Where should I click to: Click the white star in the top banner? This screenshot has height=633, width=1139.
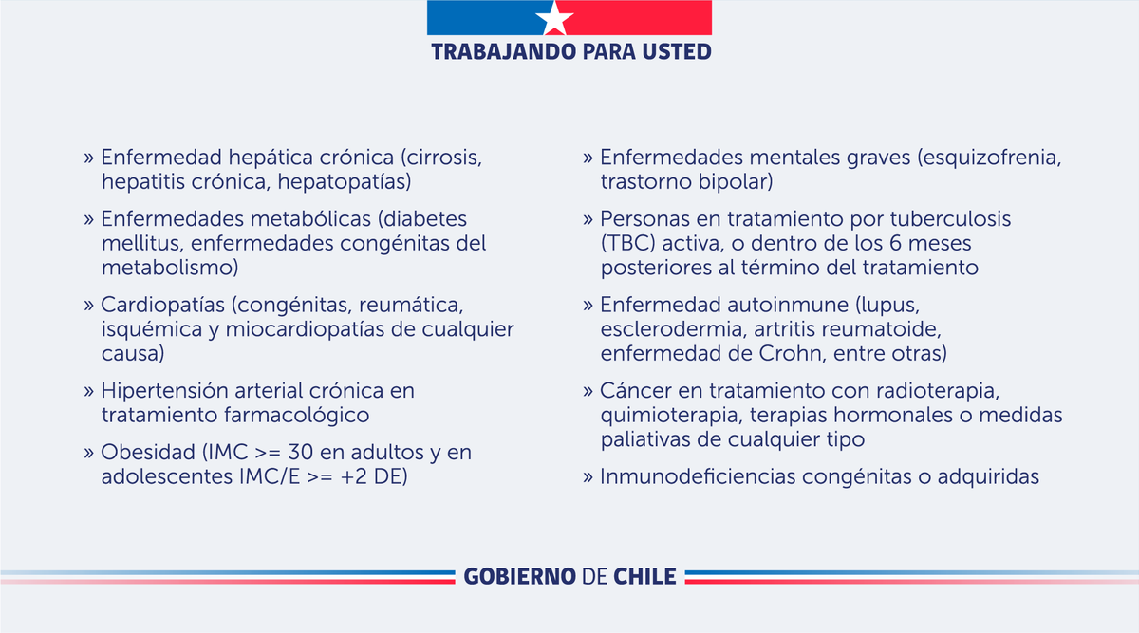point(555,17)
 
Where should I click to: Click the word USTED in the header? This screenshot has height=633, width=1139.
point(675,50)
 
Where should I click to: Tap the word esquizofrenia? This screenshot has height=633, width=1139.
point(987,157)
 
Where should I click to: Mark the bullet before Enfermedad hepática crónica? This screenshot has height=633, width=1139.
point(88,157)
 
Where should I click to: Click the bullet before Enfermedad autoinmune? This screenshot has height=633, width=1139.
point(588,306)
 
